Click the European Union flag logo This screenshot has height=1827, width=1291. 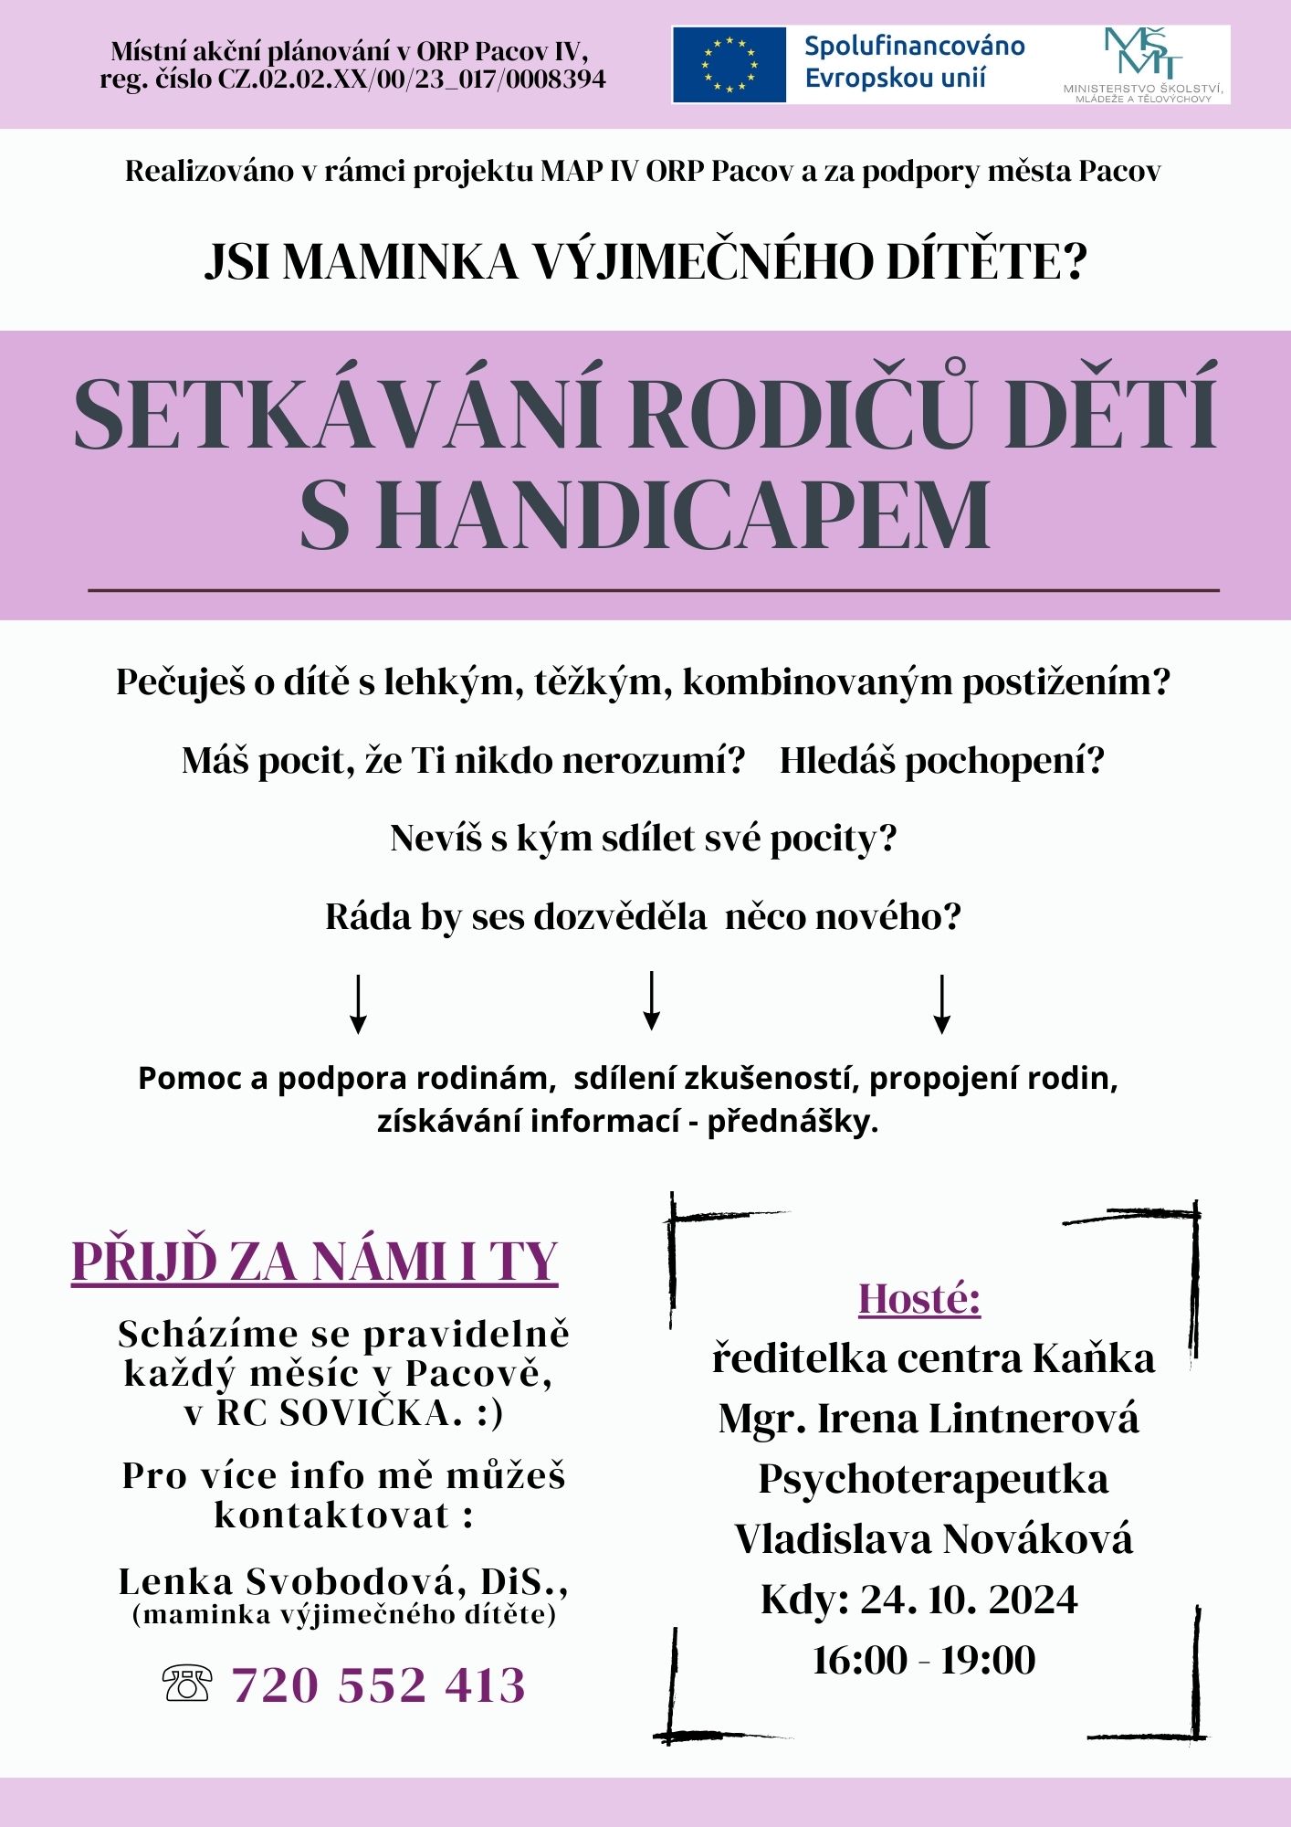click(729, 64)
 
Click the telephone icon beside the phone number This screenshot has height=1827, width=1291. click(187, 1683)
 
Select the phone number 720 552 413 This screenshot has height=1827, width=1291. click(379, 1684)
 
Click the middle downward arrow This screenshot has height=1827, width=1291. click(651, 1001)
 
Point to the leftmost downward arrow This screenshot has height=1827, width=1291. click(359, 1004)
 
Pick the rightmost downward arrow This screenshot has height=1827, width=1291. click(942, 1004)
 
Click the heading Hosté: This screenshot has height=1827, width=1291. click(919, 1298)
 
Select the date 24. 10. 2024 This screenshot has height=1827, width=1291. click(969, 1600)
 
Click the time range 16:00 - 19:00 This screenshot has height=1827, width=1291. click(924, 1660)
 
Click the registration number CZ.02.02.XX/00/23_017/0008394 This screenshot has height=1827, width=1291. click(412, 79)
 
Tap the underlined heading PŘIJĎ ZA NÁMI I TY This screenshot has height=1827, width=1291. click(315, 1262)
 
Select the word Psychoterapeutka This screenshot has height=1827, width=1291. click(933, 1479)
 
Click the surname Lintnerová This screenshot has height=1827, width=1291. click(1034, 1419)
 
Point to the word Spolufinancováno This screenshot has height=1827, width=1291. click(914, 47)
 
